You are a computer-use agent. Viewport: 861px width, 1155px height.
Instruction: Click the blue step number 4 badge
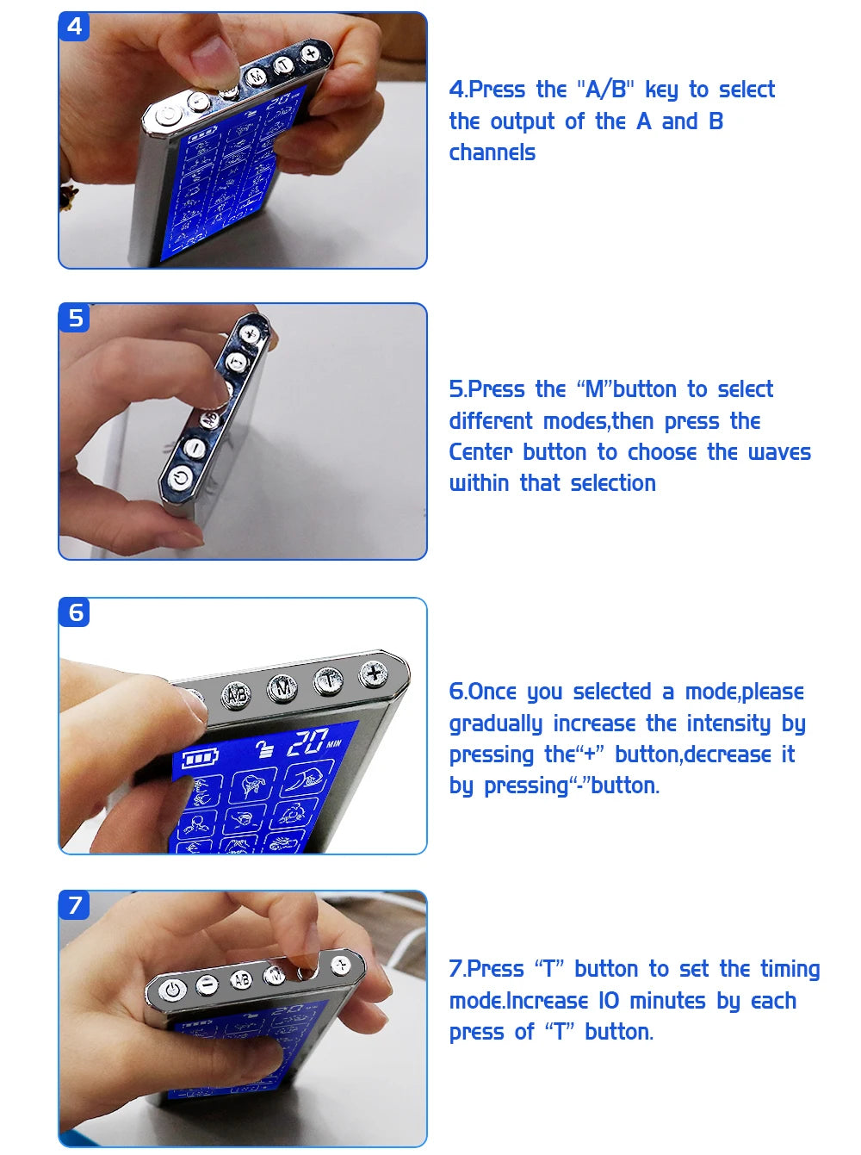point(75,27)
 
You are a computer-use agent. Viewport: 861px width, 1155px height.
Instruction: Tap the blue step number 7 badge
point(75,905)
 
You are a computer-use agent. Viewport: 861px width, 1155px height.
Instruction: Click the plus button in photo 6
point(374,674)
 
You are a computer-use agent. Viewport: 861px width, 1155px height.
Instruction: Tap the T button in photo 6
point(328,680)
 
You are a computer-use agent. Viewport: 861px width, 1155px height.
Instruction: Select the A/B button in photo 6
point(237,695)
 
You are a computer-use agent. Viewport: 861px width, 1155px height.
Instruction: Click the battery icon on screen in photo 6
point(201,759)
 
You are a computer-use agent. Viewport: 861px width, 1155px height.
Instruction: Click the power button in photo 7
point(173,990)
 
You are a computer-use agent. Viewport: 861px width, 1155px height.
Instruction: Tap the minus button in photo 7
point(208,984)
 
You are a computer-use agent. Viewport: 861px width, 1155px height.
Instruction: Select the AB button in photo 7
point(242,980)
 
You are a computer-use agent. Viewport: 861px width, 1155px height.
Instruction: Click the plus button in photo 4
point(311,53)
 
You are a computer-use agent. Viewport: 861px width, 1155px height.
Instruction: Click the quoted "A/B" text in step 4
point(604,90)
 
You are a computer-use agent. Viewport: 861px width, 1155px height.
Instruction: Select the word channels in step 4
point(492,152)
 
